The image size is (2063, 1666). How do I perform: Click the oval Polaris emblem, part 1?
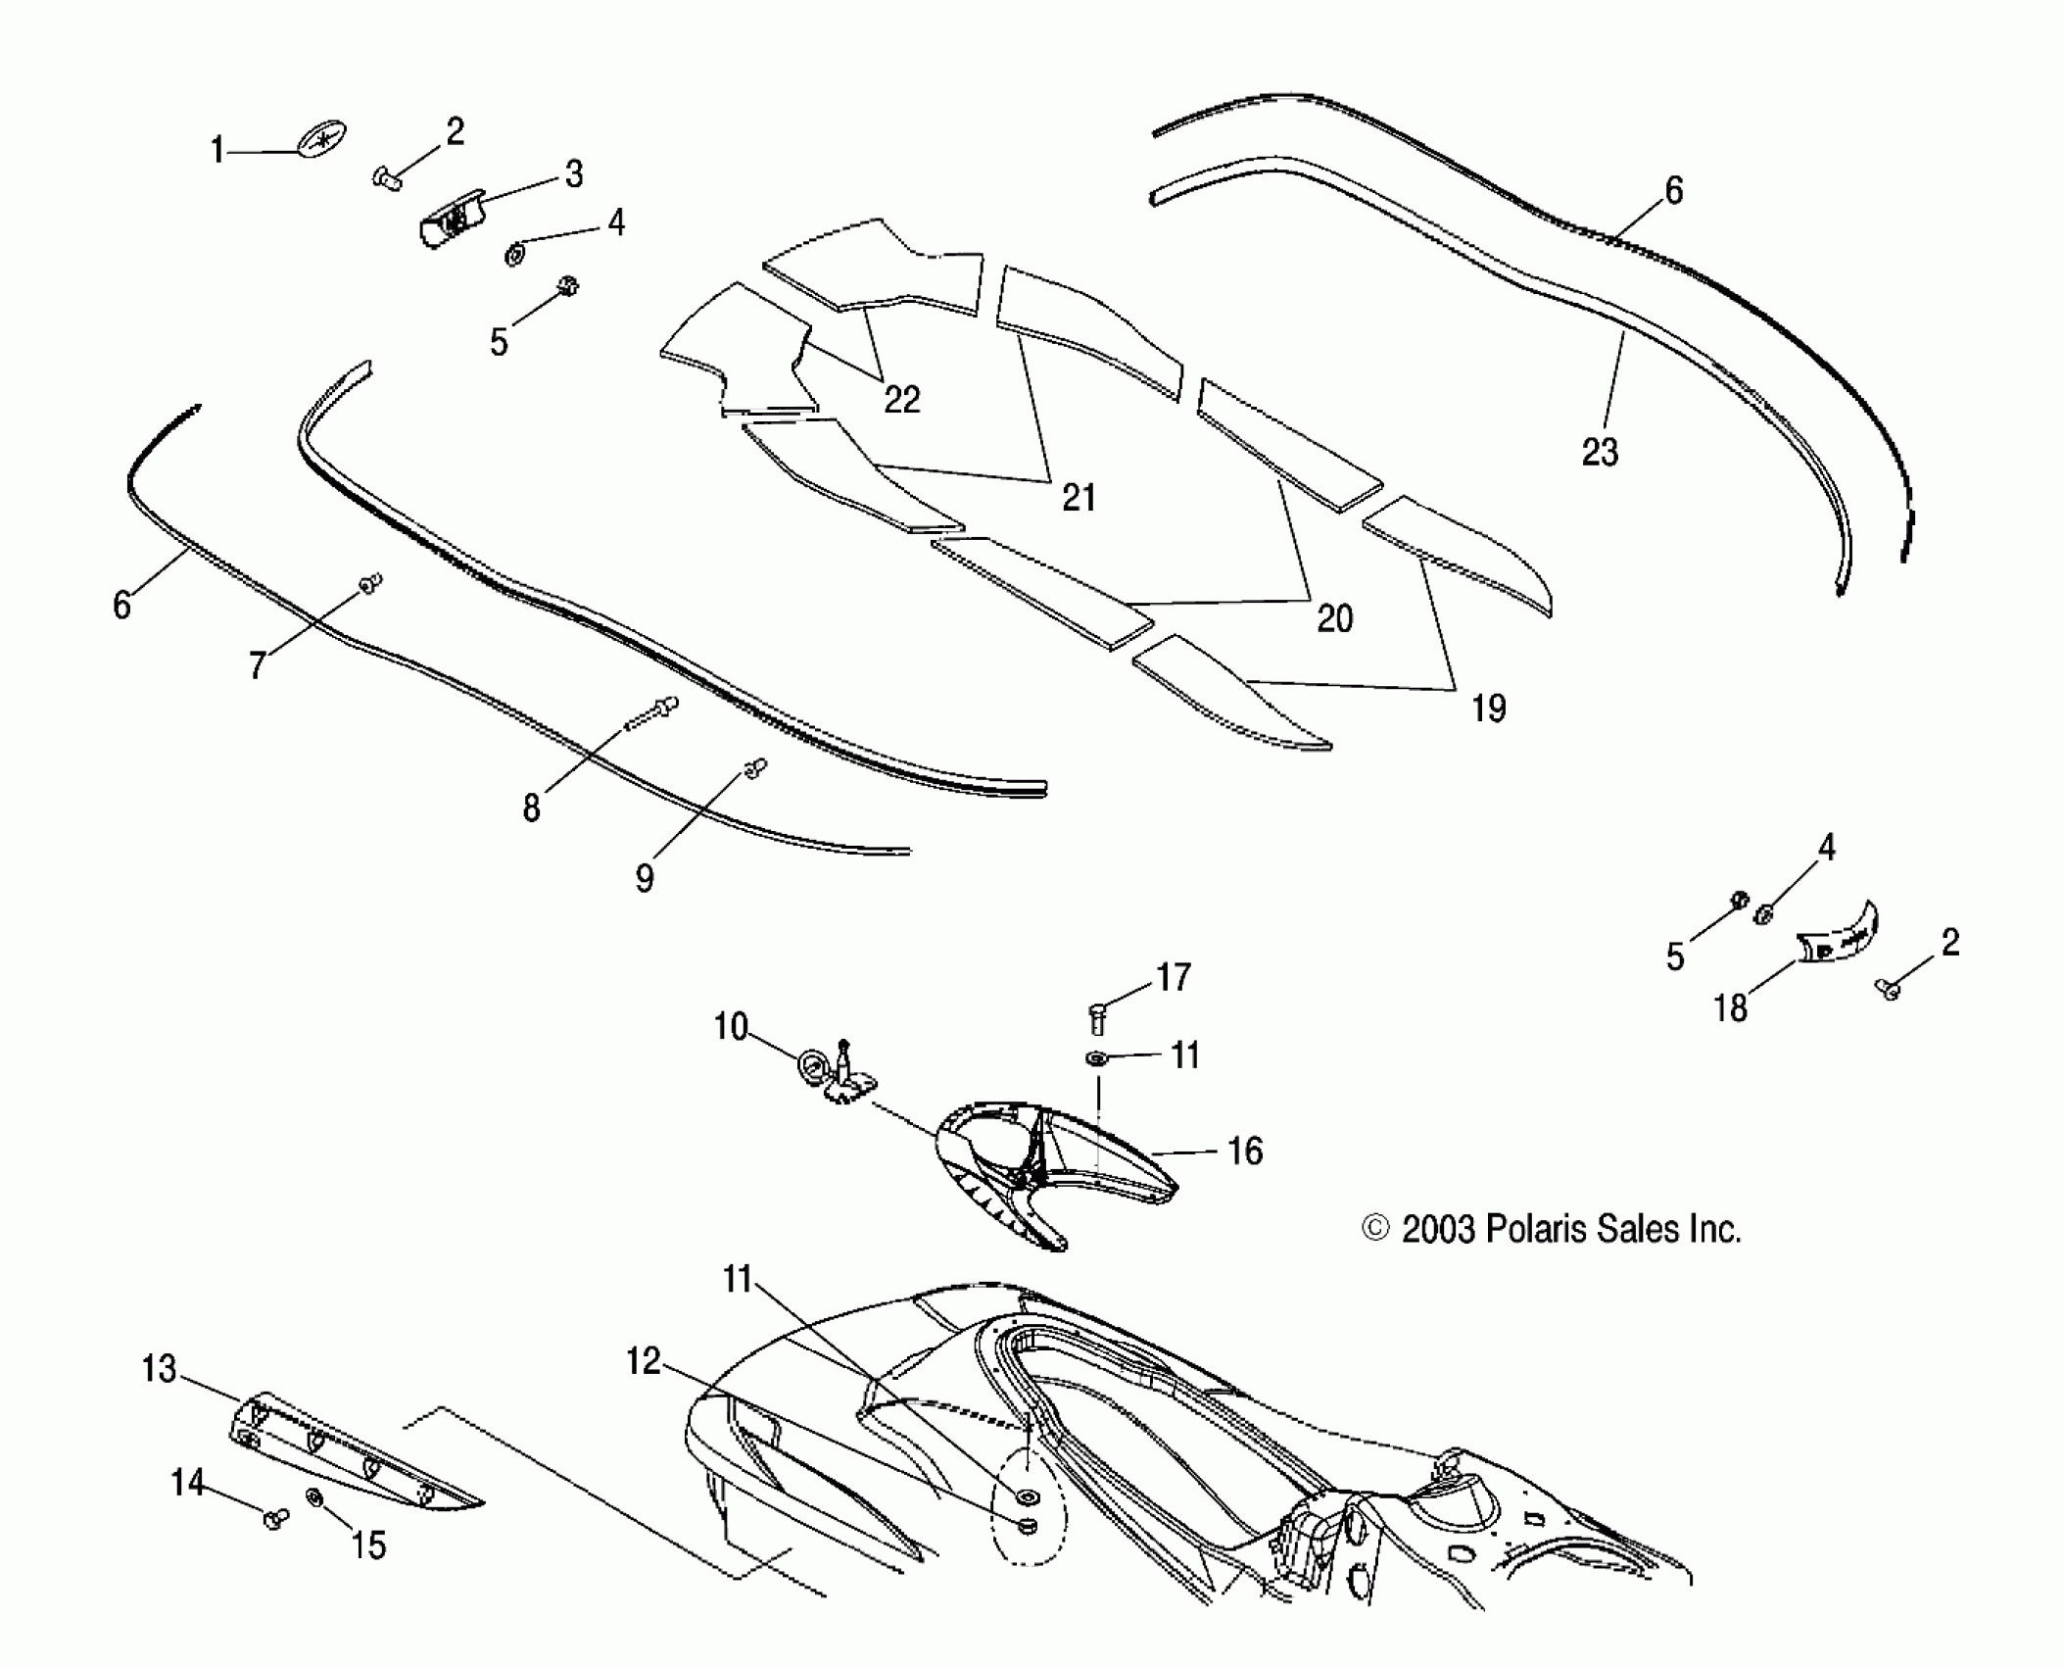click(x=324, y=140)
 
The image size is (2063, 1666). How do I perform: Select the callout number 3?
click(x=574, y=174)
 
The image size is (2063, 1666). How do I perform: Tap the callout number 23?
click(x=1600, y=452)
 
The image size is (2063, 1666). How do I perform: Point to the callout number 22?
click(x=901, y=400)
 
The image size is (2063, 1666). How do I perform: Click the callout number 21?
click(x=1079, y=498)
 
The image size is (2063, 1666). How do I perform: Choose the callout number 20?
click(x=1334, y=618)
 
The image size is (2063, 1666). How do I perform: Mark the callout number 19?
click(x=1488, y=708)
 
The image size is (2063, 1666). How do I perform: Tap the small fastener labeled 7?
click(x=370, y=584)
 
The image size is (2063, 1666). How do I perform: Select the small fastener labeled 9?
click(x=755, y=769)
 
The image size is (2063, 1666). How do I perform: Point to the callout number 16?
click(x=1244, y=1151)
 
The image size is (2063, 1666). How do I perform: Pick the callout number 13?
click(x=159, y=1368)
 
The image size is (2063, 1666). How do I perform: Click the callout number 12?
click(x=644, y=1360)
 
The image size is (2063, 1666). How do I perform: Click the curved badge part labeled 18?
click(x=1839, y=937)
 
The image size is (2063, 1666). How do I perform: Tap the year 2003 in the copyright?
click(x=1438, y=1229)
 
